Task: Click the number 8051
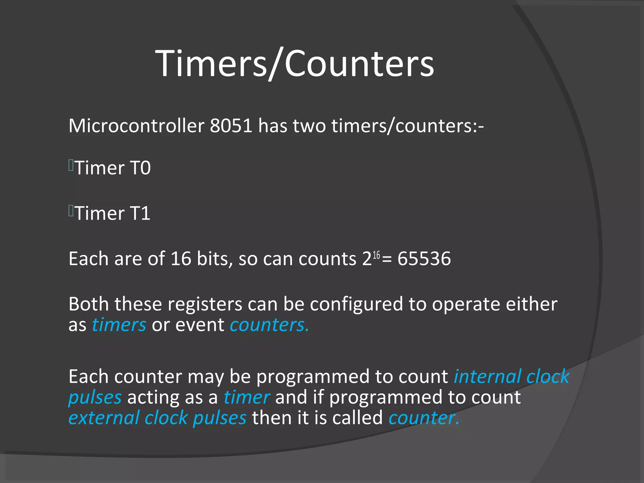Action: [231, 126]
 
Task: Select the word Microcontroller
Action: [136, 126]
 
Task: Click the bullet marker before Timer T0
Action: [71, 165]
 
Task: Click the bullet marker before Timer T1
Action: [71, 211]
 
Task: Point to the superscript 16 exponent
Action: [376, 255]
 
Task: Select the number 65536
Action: [424, 259]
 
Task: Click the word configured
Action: [356, 304]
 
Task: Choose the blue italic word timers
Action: [119, 325]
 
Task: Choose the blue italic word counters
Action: [269, 325]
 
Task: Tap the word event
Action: [200, 325]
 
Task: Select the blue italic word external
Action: [104, 418]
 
